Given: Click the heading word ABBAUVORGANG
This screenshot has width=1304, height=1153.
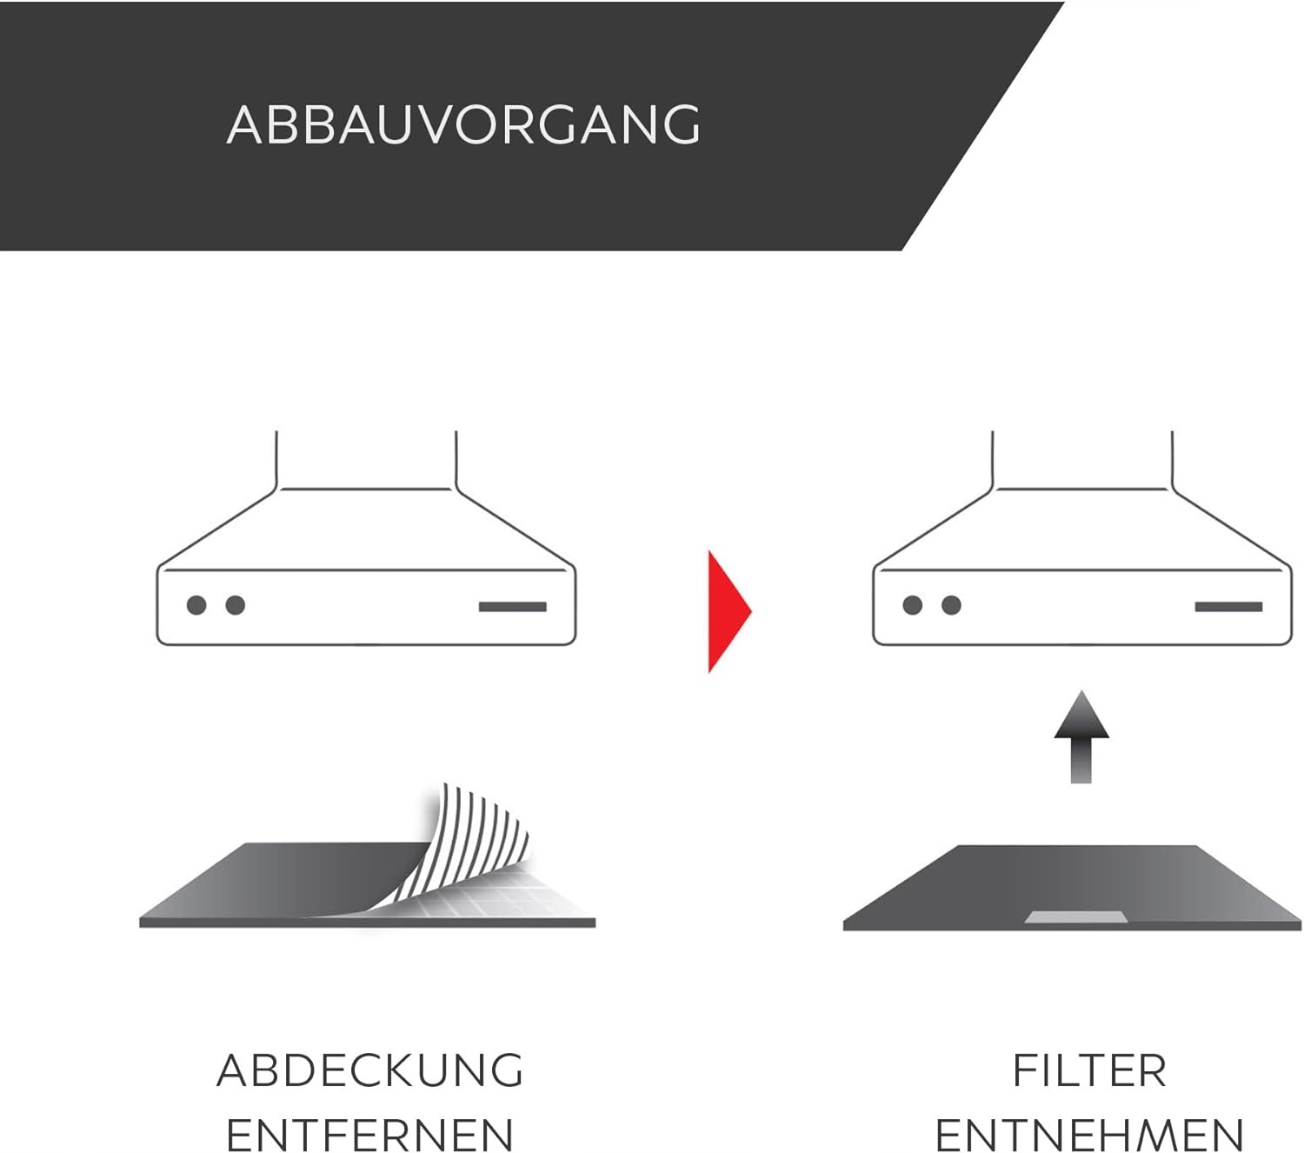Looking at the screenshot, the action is pyautogui.click(x=463, y=124).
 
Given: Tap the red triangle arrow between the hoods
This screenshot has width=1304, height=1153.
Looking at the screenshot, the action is pyautogui.click(x=726, y=610).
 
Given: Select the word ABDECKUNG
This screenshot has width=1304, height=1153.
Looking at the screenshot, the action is pyautogui.click(x=370, y=1070).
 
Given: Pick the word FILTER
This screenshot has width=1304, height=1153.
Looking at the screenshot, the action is pyautogui.click(x=1089, y=1070).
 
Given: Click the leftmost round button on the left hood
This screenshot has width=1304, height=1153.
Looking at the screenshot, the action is pyautogui.click(x=196, y=605).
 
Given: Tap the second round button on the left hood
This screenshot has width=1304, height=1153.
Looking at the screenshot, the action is pyautogui.click(x=235, y=605).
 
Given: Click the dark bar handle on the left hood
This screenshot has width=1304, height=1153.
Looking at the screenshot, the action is pyautogui.click(x=513, y=607).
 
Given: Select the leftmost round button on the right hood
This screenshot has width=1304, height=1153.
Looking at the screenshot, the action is pyautogui.click(x=912, y=605).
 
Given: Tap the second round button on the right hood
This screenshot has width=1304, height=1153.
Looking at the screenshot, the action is pyautogui.click(x=951, y=605).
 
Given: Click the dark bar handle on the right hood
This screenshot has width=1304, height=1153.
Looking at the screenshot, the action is pyautogui.click(x=1228, y=607).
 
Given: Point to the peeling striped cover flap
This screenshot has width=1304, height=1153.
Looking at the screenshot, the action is pyautogui.click(x=474, y=835).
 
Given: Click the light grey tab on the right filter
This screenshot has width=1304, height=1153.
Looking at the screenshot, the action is pyautogui.click(x=1075, y=918).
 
